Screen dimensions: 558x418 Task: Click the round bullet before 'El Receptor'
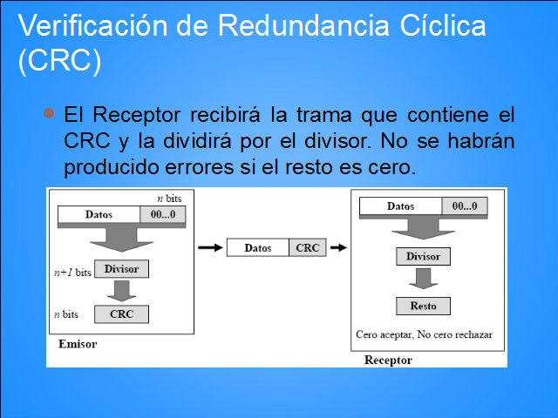click(49, 113)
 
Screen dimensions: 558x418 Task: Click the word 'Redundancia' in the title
click(303, 25)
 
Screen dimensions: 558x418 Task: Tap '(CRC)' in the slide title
click(60, 60)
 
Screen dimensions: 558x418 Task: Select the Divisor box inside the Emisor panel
click(121, 269)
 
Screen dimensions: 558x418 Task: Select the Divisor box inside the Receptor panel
click(423, 256)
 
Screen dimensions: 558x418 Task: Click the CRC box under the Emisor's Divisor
click(121, 314)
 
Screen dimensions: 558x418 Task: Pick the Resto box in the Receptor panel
click(423, 306)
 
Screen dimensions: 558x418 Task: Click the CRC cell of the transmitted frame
click(308, 247)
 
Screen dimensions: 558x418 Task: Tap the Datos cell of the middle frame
click(258, 247)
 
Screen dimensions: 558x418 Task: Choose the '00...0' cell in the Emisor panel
click(163, 214)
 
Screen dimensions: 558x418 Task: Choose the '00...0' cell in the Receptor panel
click(465, 206)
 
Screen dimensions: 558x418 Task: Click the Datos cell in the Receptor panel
click(401, 206)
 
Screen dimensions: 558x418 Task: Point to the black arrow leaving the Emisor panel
click(211, 247)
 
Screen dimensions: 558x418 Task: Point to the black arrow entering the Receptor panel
click(339, 247)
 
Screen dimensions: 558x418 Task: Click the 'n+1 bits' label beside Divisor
click(72, 273)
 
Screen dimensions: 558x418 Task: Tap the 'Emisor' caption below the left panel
click(78, 344)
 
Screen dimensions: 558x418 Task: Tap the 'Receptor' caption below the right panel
click(388, 360)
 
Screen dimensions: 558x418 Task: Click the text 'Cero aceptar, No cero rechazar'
click(425, 334)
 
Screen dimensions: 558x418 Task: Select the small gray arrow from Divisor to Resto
click(423, 279)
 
